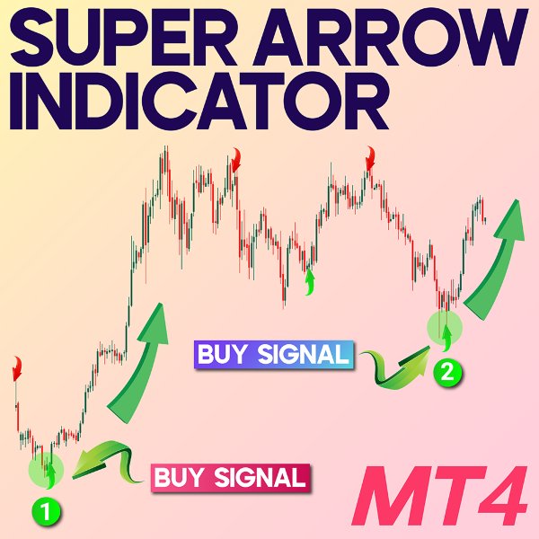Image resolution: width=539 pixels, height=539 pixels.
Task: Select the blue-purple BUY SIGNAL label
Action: (272, 354)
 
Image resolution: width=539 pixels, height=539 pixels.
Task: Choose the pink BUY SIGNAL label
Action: (230, 477)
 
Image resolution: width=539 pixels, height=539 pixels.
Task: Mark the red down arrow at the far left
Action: (15, 367)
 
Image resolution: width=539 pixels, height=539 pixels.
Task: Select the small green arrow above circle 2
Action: (446, 332)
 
